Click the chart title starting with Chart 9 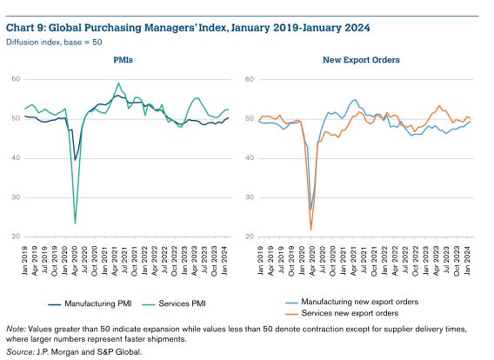pyautogui.click(x=188, y=28)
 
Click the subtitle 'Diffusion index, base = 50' pyautogui.click(x=54, y=43)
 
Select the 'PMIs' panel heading pyautogui.click(x=123, y=60)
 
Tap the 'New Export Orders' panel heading pyautogui.click(x=361, y=60)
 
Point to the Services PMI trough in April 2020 pyautogui.click(x=75, y=223)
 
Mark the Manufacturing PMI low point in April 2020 pyautogui.click(x=75, y=160)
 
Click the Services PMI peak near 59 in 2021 pyautogui.click(x=118, y=83)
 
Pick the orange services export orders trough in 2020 pyautogui.click(x=311, y=230)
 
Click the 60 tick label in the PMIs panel pyautogui.click(x=16, y=79)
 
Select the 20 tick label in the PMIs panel pyautogui.click(x=16, y=237)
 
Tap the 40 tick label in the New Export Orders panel pyautogui.click(x=250, y=157)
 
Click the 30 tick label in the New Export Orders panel pyautogui.click(x=250, y=197)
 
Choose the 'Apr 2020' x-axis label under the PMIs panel pyautogui.click(x=75, y=261)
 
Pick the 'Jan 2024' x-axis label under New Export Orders pyautogui.click(x=468, y=261)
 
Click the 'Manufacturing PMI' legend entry pyautogui.click(x=90, y=303)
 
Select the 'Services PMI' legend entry pyautogui.click(x=174, y=303)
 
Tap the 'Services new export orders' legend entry pyautogui.click(x=342, y=313)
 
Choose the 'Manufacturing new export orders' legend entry pyautogui.click(x=352, y=302)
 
